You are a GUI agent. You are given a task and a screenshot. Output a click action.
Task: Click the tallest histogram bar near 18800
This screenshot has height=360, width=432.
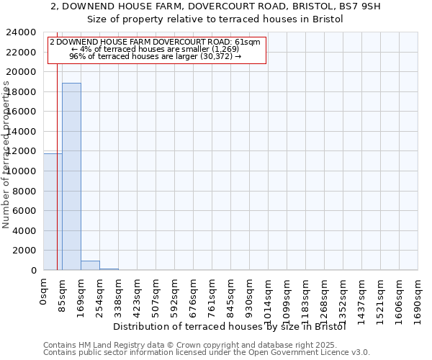(x=71, y=176)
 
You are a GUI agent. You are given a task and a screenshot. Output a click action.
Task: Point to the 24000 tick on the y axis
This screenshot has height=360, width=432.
(x=22, y=32)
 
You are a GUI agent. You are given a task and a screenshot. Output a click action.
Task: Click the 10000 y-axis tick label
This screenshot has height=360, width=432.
(x=22, y=171)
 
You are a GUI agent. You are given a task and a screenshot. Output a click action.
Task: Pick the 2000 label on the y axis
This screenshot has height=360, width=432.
(x=24, y=251)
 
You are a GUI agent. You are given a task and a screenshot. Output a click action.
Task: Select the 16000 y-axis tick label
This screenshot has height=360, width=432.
(x=22, y=112)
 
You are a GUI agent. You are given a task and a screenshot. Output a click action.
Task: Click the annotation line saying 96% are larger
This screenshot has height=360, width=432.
(x=155, y=57)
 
